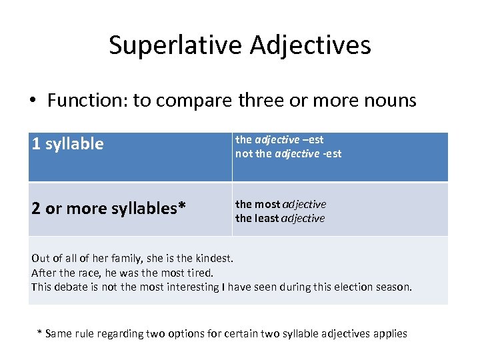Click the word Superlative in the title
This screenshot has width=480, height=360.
pyautogui.click(x=175, y=45)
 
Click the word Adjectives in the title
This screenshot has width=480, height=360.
pyautogui.click(x=311, y=45)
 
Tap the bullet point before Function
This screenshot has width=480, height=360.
pyautogui.click(x=33, y=101)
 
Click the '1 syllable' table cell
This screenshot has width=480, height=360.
pyautogui.click(x=68, y=144)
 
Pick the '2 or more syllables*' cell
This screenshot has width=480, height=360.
pyautogui.click(x=108, y=208)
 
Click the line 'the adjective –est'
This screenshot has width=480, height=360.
pyautogui.click(x=279, y=139)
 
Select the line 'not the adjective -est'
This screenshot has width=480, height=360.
pyautogui.click(x=288, y=153)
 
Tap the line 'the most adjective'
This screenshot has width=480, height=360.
pyautogui.click(x=281, y=204)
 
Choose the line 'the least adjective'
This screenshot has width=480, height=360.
pyautogui.click(x=280, y=218)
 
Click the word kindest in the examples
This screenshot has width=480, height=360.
pyautogui.click(x=213, y=257)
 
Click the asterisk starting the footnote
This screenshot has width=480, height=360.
pyautogui.click(x=39, y=333)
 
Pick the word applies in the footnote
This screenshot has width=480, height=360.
pyautogui.click(x=389, y=333)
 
